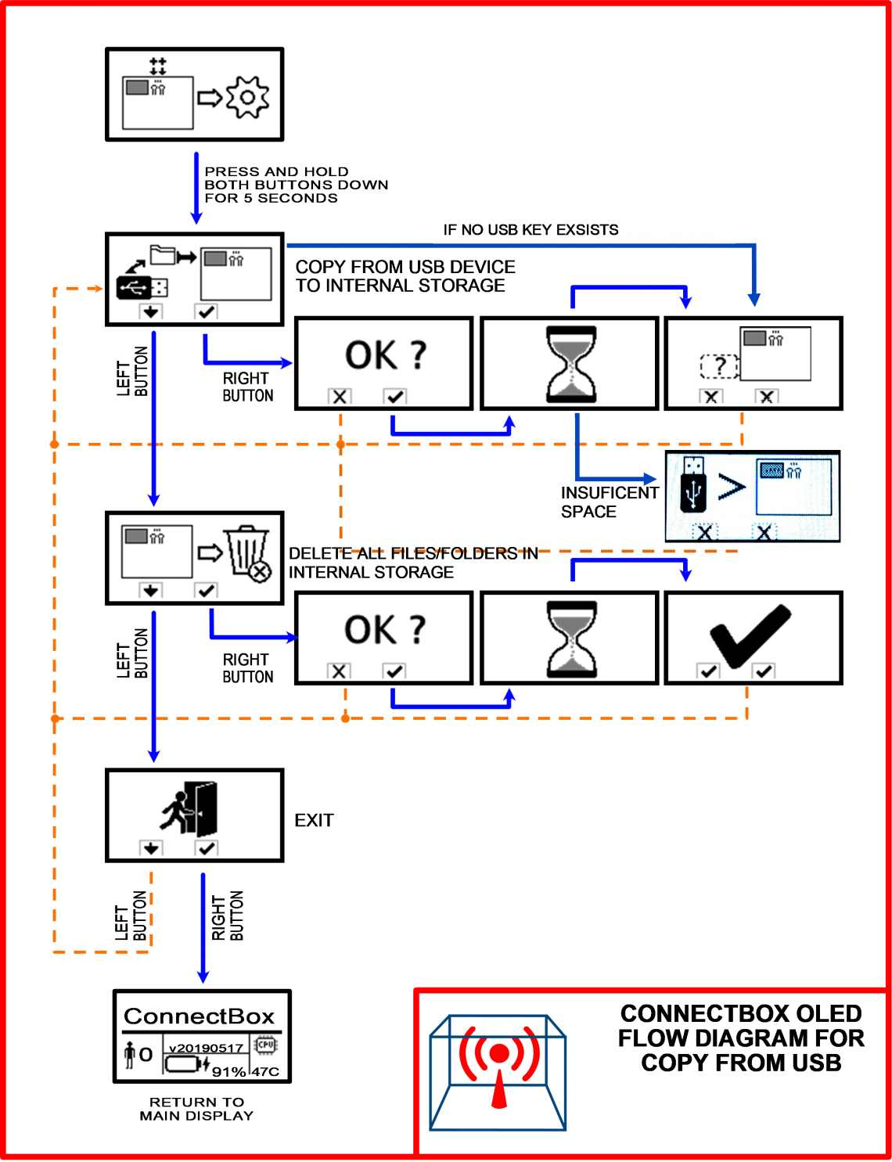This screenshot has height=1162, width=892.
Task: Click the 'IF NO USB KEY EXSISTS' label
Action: pyautogui.click(x=531, y=229)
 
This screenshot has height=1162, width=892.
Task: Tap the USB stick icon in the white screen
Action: pyautogui.click(x=693, y=484)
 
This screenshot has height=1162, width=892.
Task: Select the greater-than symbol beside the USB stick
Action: pyautogui.click(x=732, y=488)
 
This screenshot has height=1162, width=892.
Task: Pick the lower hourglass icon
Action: pyautogui.click(x=571, y=642)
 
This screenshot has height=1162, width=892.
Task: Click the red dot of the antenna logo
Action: pyautogui.click(x=499, y=1054)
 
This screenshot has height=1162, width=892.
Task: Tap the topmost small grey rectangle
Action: pyautogui.click(x=137, y=88)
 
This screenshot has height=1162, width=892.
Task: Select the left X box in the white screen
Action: pyautogui.click(x=704, y=532)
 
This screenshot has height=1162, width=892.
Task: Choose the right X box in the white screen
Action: pyautogui.click(x=764, y=532)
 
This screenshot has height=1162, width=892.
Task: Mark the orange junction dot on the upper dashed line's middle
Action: pyautogui.click(x=340, y=444)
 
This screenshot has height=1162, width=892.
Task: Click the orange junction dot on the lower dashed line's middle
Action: pyautogui.click(x=345, y=718)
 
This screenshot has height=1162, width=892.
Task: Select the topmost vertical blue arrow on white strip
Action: pyautogui.click(x=196, y=188)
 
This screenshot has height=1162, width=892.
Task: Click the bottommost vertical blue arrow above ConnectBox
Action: pyautogui.click(x=203, y=928)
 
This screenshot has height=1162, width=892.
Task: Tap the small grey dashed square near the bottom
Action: pyautogui.click(x=265, y=1045)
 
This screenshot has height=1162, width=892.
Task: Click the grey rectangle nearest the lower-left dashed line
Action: pyautogui.click(x=136, y=536)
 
